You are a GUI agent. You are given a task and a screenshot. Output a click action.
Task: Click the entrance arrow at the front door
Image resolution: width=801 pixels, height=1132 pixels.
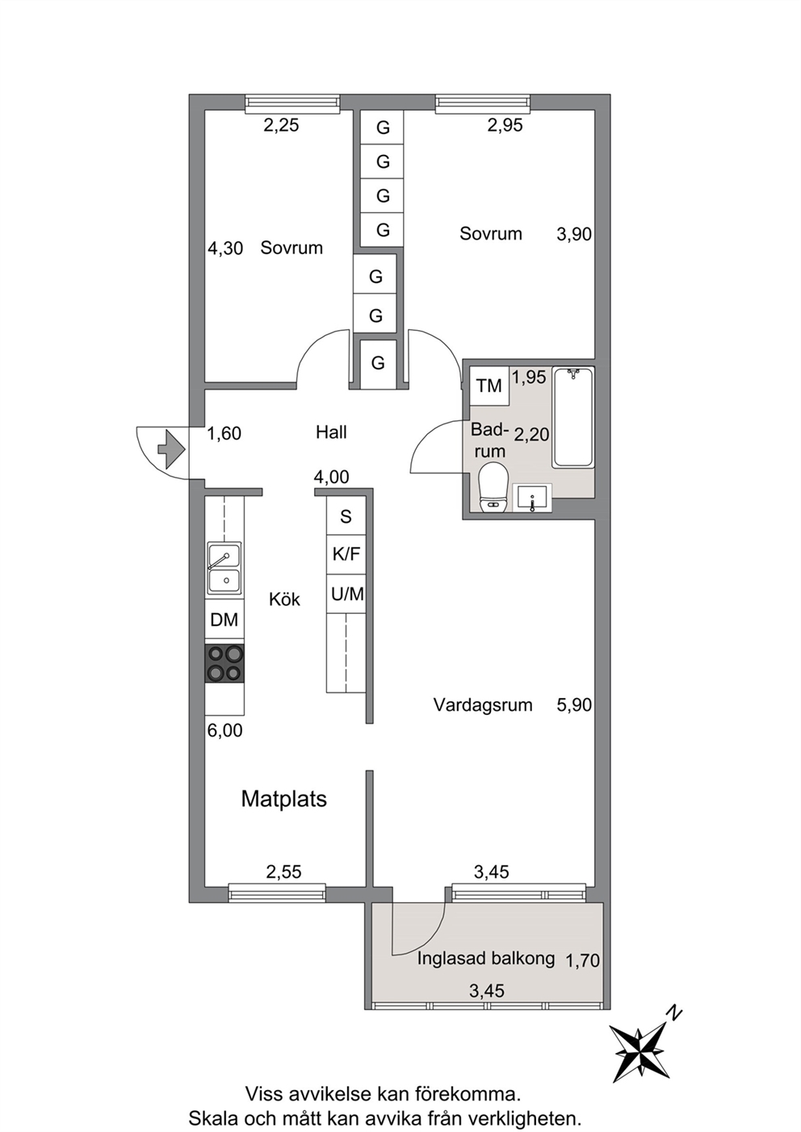tap(172, 448)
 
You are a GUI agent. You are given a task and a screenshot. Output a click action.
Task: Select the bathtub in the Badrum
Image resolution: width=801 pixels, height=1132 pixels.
tap(573, 417)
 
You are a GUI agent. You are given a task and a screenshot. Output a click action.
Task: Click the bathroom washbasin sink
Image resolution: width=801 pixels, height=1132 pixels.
tap(532, 497)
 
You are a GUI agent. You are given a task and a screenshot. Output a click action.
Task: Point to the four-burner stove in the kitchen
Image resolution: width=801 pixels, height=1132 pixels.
tap(224, 663)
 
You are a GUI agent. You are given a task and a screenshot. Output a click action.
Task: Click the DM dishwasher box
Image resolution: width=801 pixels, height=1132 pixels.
tap(224, 621)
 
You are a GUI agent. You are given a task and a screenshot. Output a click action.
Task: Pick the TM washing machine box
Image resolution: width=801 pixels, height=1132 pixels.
tap(489, 386)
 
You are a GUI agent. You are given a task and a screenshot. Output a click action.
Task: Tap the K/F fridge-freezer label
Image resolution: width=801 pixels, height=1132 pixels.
tap(346, 554)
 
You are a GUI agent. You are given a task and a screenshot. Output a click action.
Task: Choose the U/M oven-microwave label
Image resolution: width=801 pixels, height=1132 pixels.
tap(347, 594)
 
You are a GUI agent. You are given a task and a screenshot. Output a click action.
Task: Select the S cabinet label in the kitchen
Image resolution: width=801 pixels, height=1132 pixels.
tap(346, 516)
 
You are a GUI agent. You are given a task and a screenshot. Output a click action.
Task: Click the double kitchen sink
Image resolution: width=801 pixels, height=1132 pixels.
tap(224, 569)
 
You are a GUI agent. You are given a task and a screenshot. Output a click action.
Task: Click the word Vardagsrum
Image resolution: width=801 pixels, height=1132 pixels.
tap(483, 704)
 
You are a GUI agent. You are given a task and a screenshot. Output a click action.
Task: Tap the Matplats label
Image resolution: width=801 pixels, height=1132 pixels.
tap(283, 799)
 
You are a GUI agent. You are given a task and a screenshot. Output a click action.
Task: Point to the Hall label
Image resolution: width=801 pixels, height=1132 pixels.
tap(331, 432)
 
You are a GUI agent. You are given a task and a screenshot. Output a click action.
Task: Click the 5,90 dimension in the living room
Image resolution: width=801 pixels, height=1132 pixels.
tap(574, 705)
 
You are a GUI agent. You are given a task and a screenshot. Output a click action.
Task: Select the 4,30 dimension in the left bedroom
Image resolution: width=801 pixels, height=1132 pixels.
tap(225, 249)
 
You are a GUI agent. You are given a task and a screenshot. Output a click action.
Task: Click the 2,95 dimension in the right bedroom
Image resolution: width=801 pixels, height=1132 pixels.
tap(505, 125)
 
